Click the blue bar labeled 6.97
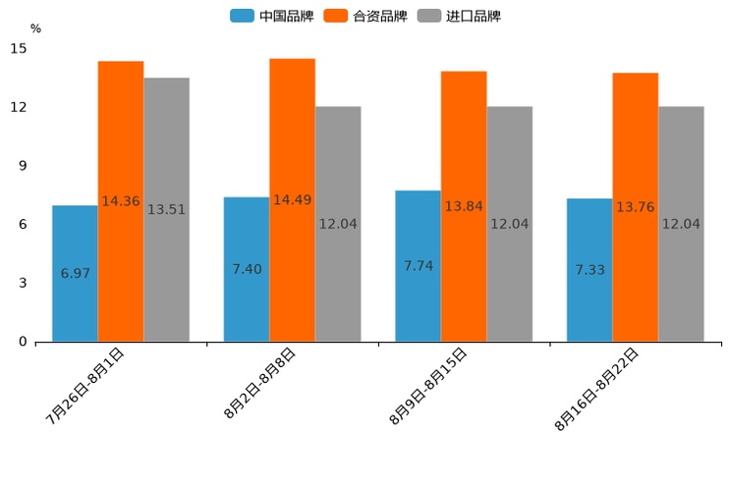click(x=75, y=273)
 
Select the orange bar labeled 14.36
click(x=121, y=201)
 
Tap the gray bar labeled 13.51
click(x=166, y=209)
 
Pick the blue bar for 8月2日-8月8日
click(x=247, y=269)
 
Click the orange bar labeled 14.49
click(x=292, y=200)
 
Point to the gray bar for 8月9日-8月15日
click(x=509, y=224)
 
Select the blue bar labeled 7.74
click(x=418, y=266)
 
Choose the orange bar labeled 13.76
click(x=635, y=207)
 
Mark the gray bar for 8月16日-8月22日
click(x=681, y=224)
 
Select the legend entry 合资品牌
click(x=367, y=16)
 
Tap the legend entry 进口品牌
click(x=460, y=16)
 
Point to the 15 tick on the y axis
click(x=20, y=48)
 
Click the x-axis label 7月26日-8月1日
click(x=85, y=385)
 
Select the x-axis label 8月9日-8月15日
click(x=428, y=385)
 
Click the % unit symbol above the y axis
click(x=35, y=28)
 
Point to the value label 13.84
click(x=464, y=206)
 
